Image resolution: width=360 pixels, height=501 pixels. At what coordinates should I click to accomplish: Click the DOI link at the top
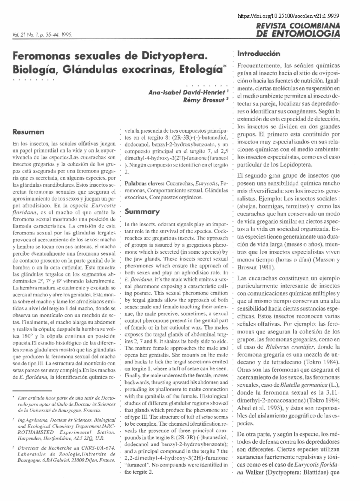288,16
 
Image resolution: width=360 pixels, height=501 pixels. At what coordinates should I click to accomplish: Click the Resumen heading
28,132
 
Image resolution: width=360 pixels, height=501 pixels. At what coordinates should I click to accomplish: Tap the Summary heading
142,211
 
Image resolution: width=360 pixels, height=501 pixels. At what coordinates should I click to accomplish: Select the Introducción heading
259,54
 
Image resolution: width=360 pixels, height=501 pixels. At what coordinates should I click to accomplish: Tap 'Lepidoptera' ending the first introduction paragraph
297,164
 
